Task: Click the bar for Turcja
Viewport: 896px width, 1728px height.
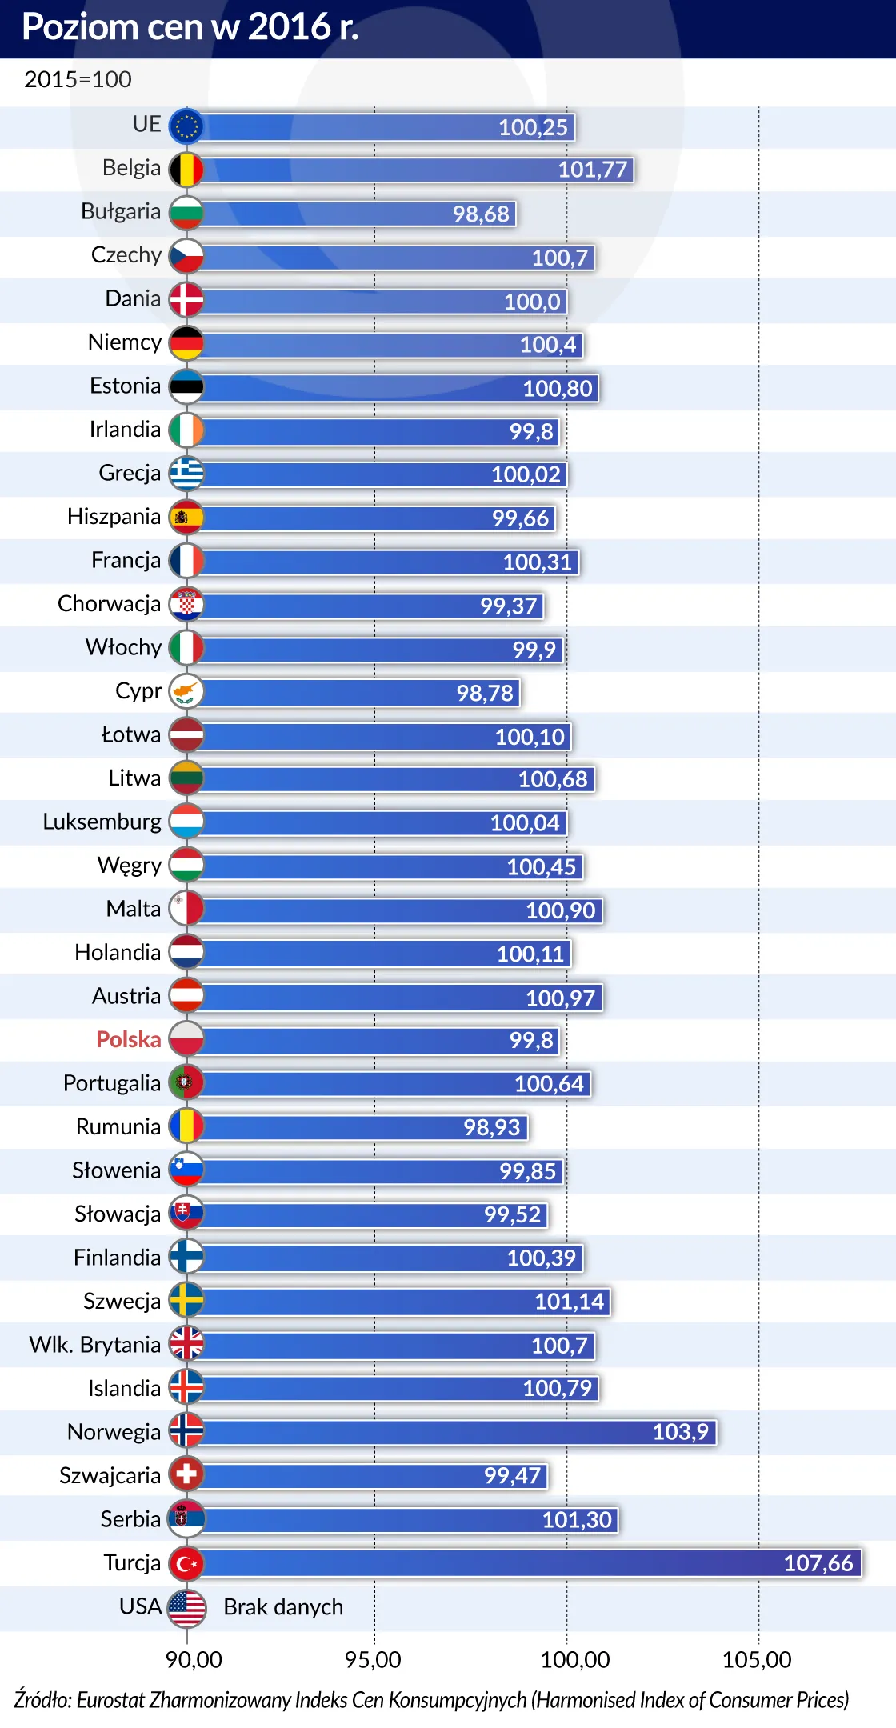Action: pos(528,1562)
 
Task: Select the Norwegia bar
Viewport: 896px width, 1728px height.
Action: pos(456,1431)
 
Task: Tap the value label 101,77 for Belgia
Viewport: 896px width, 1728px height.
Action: pos(592,170)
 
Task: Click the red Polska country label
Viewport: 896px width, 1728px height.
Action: pos(129,1039)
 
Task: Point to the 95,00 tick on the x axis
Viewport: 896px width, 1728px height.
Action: pos(373,1660)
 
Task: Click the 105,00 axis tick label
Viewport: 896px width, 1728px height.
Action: pos(757,1660)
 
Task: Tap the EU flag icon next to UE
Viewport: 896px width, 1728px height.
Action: pos(186,126)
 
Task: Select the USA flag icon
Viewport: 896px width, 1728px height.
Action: pos(186,1606)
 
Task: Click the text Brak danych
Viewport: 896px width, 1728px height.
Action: pos(283,1607)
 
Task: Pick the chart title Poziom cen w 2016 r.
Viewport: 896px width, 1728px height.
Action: pos(190,27)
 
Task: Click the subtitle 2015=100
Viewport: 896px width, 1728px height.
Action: pos(78,79)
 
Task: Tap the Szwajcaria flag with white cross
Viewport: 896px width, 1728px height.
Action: pos(186,1474)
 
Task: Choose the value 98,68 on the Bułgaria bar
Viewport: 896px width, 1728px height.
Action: pos(481,214)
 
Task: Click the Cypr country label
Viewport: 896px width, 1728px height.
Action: pos(138,690)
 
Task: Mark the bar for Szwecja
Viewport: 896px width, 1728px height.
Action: pos(404,1301)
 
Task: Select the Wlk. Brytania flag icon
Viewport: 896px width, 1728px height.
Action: pos(186,1344)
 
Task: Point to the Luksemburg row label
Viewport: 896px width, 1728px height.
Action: pos(102,822)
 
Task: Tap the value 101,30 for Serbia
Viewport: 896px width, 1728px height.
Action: pos(577,1519)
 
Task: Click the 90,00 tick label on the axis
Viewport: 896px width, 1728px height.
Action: pos(194,1660)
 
